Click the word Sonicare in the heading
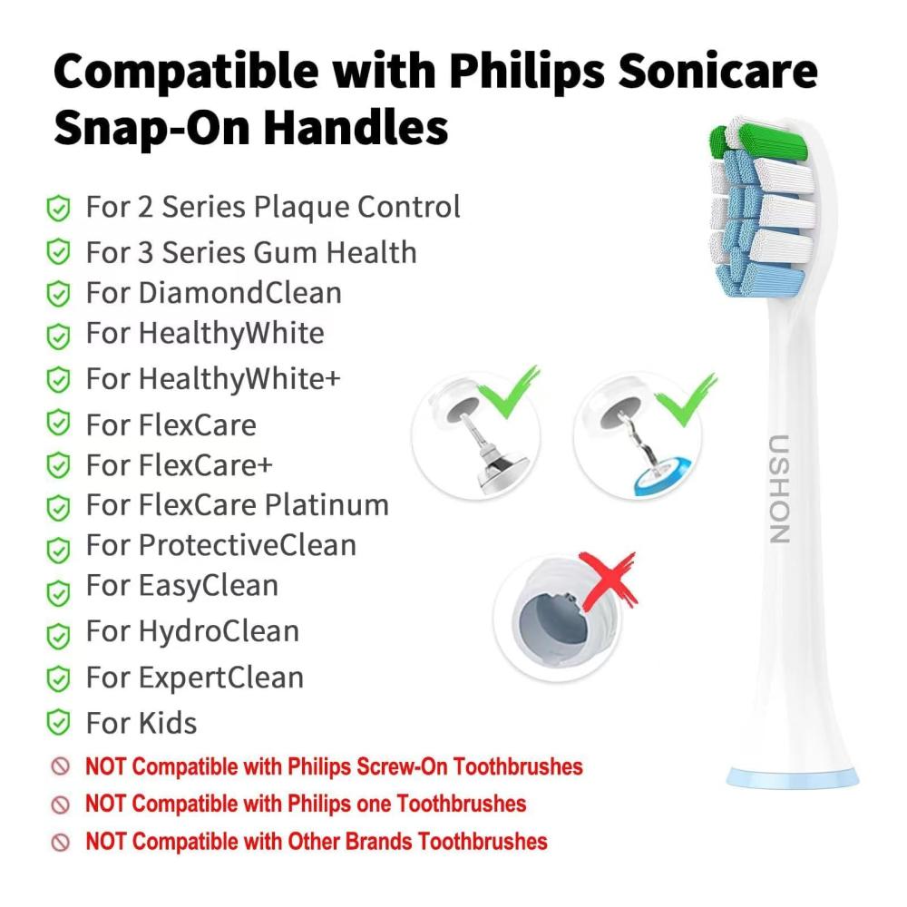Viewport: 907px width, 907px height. (x=717, y=71)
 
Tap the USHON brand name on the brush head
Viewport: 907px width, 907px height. (x=779, y=489)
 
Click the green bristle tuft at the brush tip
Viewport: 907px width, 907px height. (x=757, y=140)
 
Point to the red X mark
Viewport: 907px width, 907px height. (x=609, y=581)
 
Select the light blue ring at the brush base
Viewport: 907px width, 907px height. (x=793, y=778)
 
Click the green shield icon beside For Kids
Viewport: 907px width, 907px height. (x=58, y=723)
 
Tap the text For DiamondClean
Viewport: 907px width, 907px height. (x=213, y=293)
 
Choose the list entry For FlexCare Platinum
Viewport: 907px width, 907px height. (x=237, y=505)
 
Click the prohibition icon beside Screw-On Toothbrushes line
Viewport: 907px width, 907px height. (x=60, y=766)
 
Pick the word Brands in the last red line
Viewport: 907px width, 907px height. (x=375, y=842)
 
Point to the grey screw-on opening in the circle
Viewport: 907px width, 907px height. (x=551, y=621)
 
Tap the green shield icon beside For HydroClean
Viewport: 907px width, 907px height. (x=58, y=636)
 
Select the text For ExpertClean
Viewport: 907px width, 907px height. (x=195, y=678)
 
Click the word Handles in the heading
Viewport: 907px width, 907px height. (x=356, y=128)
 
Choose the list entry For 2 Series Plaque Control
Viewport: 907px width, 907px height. (x=273, y=207)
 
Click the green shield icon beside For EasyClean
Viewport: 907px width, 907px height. (x=58, y=593)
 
